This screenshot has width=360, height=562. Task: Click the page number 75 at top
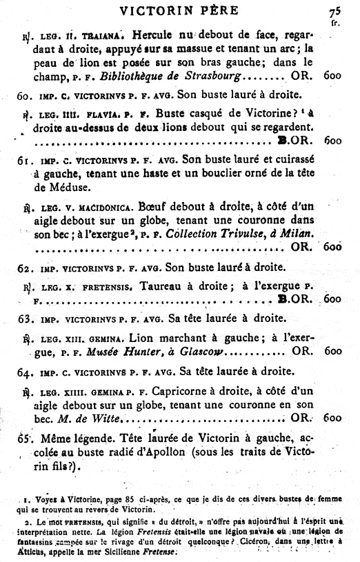335,11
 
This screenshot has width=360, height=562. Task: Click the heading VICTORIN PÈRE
179,10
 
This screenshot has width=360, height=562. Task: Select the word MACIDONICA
93,205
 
